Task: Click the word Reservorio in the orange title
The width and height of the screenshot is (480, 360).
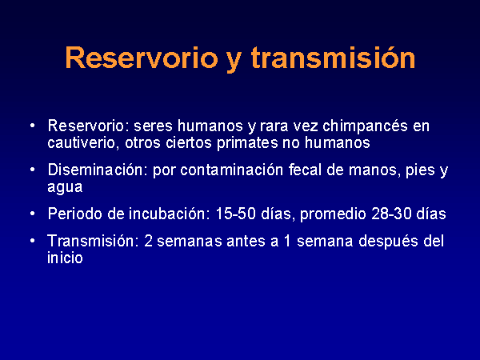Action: click(142, 58)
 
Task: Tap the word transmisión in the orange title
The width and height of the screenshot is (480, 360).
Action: click(334, 58)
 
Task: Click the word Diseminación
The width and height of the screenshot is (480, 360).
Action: click(95, 170)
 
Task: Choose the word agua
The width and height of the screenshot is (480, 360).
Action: click(65, 187)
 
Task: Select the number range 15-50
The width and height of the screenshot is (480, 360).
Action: click(236, 214)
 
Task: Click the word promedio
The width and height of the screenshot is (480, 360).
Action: click(333, 214)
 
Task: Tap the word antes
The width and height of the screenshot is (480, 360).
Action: click(246, 242)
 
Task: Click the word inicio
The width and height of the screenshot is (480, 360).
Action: click(65, 258)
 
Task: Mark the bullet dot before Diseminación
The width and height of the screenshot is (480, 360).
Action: click(33, 170)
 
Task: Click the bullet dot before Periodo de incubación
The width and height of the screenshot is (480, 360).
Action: click(33, 214)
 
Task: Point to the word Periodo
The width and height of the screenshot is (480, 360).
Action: click(75, 214)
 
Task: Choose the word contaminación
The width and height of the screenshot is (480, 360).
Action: click(231, 170)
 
